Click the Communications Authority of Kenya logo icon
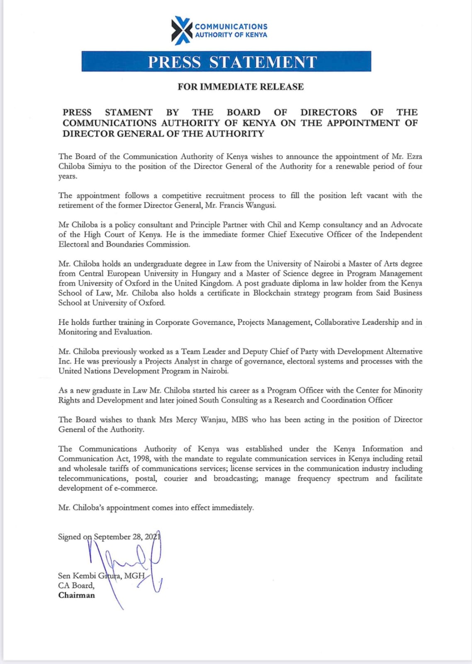[182, 30]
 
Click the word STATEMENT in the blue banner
[263, 62]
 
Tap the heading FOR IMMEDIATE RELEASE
[241, 87]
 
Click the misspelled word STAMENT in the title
[129, 112]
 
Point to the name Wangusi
[260, 205]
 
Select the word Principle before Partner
[205, 225]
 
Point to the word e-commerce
[136, 488]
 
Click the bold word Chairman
[76, 595]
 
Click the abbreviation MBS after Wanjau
[239, 420]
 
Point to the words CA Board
[76, 586]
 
